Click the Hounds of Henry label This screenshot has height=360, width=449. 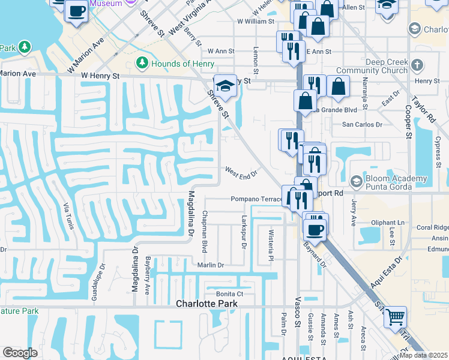coord(179,64)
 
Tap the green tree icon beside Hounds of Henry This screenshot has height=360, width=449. coord(142,63)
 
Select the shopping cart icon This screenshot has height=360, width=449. coord(394,316)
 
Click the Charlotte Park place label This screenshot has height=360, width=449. coord(206,304)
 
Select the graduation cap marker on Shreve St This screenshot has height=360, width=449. coord(225,86)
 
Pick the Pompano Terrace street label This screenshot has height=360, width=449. coord(256,199)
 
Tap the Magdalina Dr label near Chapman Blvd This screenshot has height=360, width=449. coord(191,214)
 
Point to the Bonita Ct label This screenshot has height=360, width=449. coord(230,294)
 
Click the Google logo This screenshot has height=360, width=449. coord(20,353)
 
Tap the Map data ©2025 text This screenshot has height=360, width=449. coord(423,355)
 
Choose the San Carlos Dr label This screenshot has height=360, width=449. coord(362,125)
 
